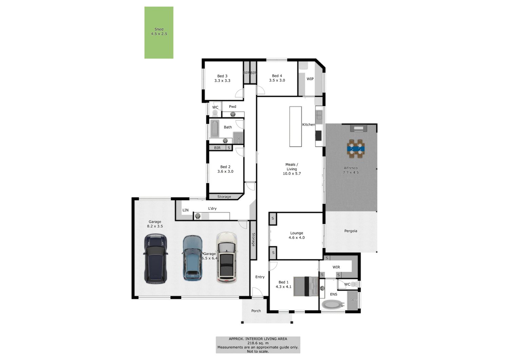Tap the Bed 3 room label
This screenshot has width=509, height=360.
(x=222, y=76)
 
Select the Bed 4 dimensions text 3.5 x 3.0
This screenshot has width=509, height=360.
(x=277, y=80)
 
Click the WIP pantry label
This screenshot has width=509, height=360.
(x=310, y=79)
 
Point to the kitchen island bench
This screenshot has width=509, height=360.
(x=295, y=127)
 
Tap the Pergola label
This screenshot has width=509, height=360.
(x=351, y=231)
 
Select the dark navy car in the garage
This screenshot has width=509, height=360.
(x=155, y=259)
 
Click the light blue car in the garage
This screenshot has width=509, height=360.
(x=192, y=258)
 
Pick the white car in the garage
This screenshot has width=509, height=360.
(x=226, y=258)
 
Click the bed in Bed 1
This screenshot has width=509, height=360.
(x=306, y=286)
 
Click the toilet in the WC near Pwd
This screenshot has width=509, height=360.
(x=215, y=113)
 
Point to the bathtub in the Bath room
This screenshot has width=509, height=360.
(x=214, y=128)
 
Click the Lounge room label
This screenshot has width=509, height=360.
(x=297, y=233)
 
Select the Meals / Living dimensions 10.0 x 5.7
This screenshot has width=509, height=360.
(x=292, y=174)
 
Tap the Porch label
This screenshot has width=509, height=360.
(x=256, y=311)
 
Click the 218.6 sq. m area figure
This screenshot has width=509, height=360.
(x=258, y=343)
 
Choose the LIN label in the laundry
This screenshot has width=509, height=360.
(x=185, y=210)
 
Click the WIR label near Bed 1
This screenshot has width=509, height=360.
(x=336, y=267)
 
